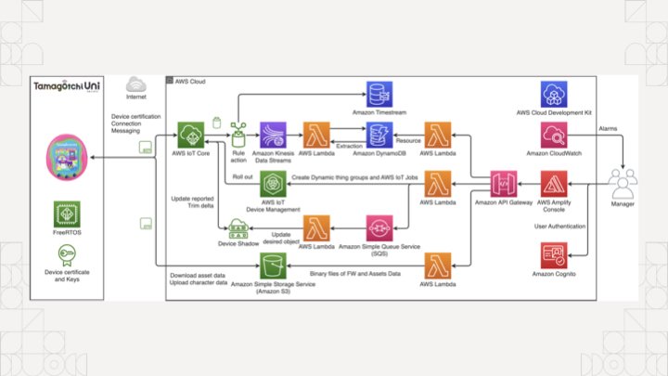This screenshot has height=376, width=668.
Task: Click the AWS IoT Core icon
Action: click(195, 134)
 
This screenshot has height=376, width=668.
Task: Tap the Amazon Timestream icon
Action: click(379, 94)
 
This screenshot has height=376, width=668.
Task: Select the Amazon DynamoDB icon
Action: click(379, 135)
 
